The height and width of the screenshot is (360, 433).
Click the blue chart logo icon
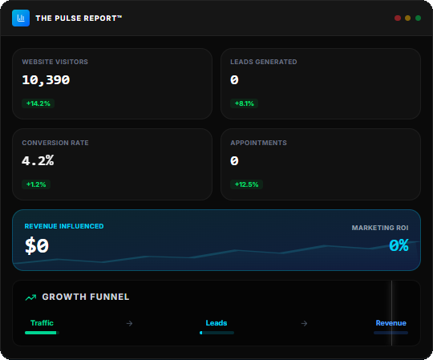(x=21, y=18)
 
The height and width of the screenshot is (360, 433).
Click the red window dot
(x=398, y=18)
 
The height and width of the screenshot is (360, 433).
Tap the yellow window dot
(x=407, y=18)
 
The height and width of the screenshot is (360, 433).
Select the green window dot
(x=418, y=18)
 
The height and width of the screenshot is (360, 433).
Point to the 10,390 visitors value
(x=46, y=80)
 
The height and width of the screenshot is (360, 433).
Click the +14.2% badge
(x=38, y=103)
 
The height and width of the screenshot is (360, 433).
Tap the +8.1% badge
(x=244, y=103)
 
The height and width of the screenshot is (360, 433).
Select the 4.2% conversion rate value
(x=38, y=160)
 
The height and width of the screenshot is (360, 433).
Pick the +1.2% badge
(x=36, y=184)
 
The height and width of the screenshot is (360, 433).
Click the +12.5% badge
(x=247, y=184)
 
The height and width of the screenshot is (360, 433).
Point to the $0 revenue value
(x=37, y=245)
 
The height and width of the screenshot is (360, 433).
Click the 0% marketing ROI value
(x=399, y=245)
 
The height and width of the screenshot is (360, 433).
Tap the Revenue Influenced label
(x=64, y=226)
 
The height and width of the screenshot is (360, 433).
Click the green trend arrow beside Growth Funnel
(x=30, y=297)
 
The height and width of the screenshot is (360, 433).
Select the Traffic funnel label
(x=42, y=323)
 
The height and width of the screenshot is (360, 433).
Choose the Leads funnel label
(x=216, y=323)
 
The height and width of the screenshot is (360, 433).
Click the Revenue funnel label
(x=391, y=323)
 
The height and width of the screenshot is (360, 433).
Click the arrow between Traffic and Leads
(x=130, y=323)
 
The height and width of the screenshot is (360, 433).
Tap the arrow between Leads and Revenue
(x=305, y=323)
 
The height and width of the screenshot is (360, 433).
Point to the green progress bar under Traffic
(x=41, y=333)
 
